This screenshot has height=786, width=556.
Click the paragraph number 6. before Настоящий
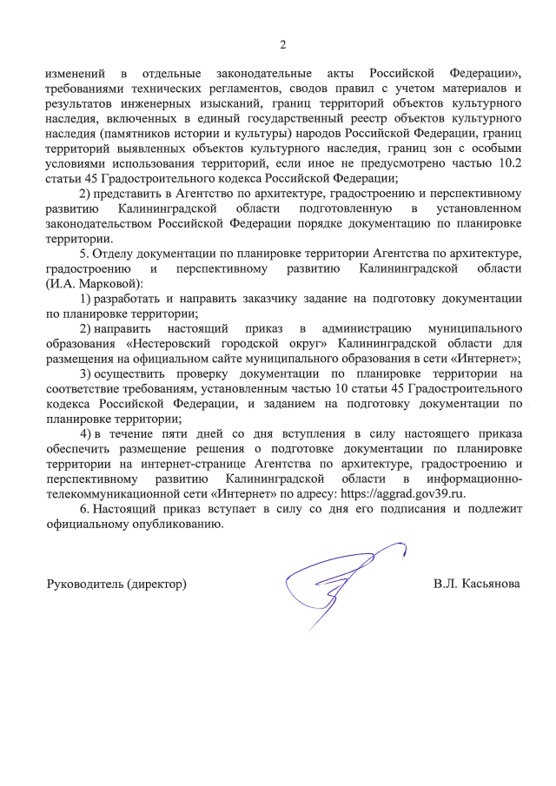[84, 509]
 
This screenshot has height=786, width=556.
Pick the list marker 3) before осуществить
[85, 374]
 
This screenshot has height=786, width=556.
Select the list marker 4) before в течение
[85, 433]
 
